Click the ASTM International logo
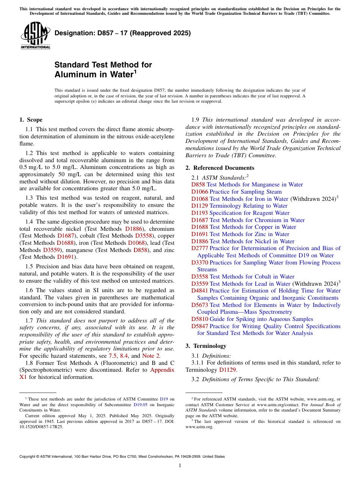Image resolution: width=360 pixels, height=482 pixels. pyautogui.click(x=35, y=36)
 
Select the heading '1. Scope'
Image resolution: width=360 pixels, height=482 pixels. pyautogui.click(x=31, y=120)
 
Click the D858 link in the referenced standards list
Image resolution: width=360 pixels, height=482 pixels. pyautogui.click(x=198, y=185)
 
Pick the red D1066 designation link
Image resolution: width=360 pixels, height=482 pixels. pyautogui.click(x=199, y=192)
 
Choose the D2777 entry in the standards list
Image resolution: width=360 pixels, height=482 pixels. pyautogui.click(x=199, y=248)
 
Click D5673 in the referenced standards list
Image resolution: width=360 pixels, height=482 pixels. pyautogui.click(x=199, y=305)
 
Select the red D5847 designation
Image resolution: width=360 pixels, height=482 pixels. pyautogui.click(x=199, y=326)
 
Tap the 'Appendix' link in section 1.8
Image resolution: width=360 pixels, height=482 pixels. pyautogui.click(x=162, y=370)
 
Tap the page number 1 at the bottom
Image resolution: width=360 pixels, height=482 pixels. pyautogui.click(x=180, y=465)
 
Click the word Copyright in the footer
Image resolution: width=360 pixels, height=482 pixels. pyautogui.click(x=28, y=457)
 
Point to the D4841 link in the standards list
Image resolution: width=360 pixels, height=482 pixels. pyautogui.click(x=199, y=291)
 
